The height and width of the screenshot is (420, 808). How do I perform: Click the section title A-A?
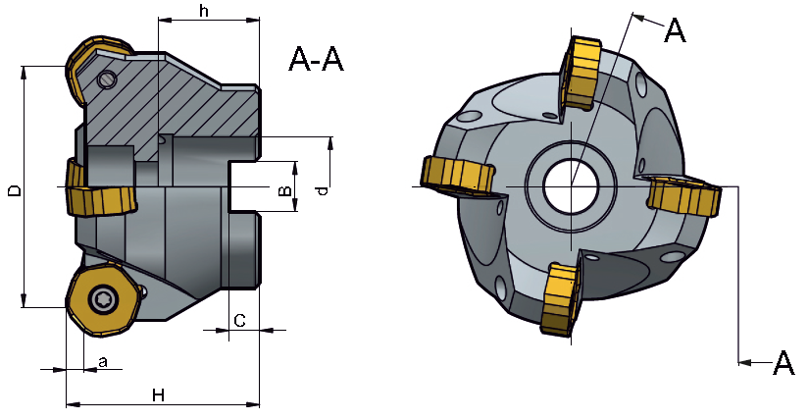(317, 60)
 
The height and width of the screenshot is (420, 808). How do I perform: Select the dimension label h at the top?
(203, 11)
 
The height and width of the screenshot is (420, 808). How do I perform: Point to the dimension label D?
(13, 188)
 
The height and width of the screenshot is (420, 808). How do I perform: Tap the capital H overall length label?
(157, 394)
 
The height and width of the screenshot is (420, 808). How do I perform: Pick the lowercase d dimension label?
(322, 188)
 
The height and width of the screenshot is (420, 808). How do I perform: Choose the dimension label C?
(239, 320)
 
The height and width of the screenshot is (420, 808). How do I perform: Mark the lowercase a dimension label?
(103, 361)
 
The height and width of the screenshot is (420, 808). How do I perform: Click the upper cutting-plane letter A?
(675, 31)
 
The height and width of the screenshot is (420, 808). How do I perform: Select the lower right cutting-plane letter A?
(783, 363)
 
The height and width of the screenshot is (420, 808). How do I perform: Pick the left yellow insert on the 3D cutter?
(456, 176)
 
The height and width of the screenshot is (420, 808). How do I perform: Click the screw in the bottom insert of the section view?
(101, 299)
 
